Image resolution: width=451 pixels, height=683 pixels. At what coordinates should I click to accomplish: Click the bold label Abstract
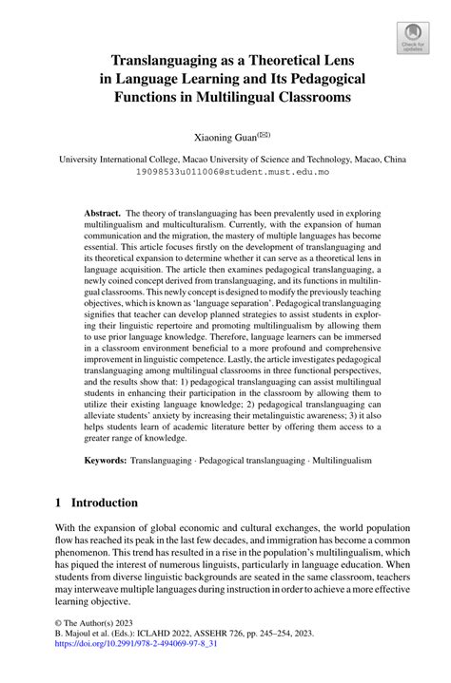click(103, 215)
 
